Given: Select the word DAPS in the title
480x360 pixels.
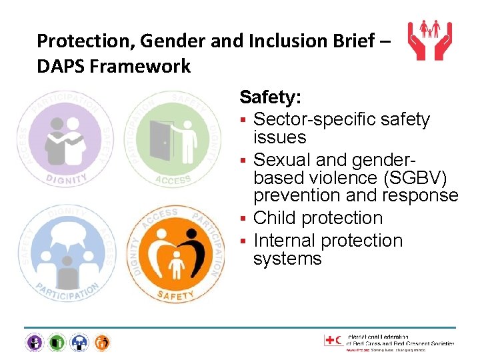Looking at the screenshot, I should pyautogui.click(x=61, y=67).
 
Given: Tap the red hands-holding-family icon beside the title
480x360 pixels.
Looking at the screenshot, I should pyautogui.click(x=429, y=41).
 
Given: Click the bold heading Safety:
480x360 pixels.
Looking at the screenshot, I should pyautogui.click(x=271, y=98).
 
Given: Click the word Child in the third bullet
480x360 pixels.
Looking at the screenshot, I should pyautogui.click(x=275, y=218).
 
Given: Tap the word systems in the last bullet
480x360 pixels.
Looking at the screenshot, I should pyautogui.click(x=287, y=259).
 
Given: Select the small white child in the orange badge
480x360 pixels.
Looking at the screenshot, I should pyautogui.click(x=177, y=265).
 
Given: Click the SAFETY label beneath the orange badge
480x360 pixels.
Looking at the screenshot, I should pyautogui.click(x=175, y=295).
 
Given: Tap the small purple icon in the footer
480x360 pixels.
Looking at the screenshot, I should pyautogui.click(x=35, y=343).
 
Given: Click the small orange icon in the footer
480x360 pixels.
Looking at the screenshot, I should pyautogui.click(x=101, y=343).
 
